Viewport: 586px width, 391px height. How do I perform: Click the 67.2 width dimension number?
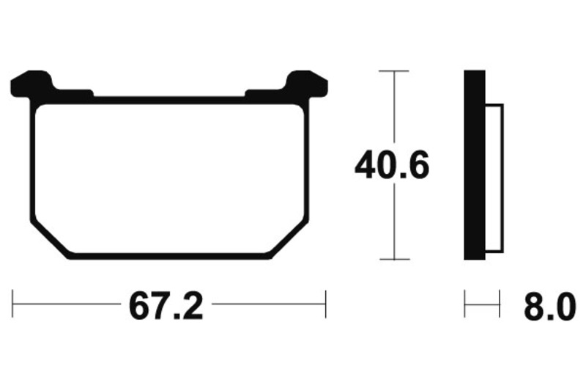pos(166,307)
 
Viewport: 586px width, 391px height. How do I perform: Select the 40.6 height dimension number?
pos(392,164)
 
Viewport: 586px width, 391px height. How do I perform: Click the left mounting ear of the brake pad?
pos(31,84)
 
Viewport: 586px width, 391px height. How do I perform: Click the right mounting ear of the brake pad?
pos(306,84)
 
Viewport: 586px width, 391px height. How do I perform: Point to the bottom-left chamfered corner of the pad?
pos(49,239)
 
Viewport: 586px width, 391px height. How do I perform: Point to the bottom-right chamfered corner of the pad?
pos(290,239)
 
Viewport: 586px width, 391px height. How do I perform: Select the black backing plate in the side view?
pos(475,164)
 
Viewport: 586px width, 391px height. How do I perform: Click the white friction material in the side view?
pos(494,178)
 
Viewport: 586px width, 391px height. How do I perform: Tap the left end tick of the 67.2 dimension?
pos(12,304)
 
